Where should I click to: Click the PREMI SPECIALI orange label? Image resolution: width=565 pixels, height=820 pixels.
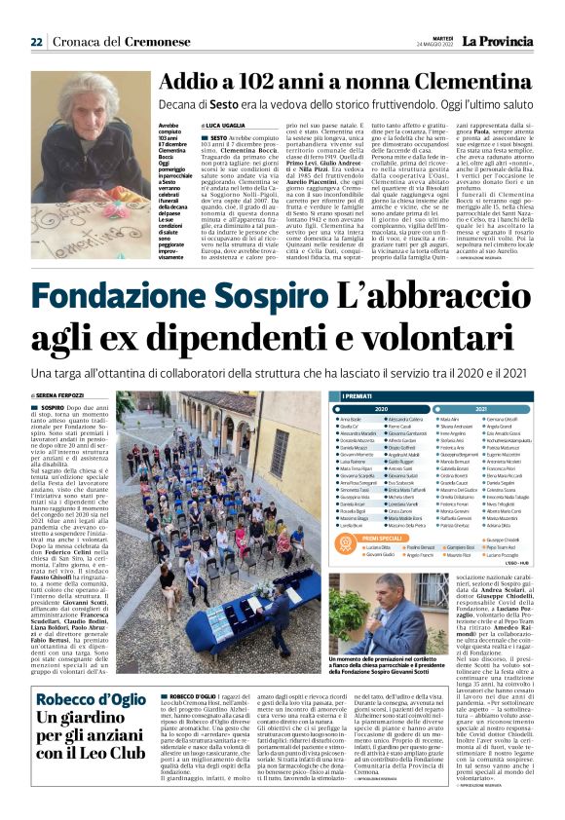coord(363,507)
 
